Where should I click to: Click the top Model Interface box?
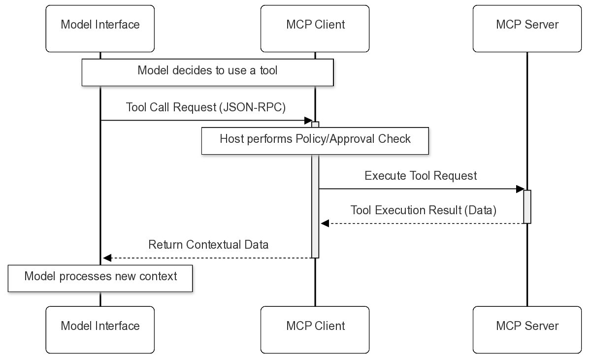[100, 29]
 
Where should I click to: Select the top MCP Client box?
[315, 29]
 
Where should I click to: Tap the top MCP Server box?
[527, 29]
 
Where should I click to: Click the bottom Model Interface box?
[100, 329]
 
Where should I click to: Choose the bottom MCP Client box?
[315, 329]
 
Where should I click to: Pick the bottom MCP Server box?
[527, 329]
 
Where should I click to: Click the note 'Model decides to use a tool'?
[207, 72]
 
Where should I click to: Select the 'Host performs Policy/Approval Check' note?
[315, 140]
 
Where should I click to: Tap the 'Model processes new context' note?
[100, 278]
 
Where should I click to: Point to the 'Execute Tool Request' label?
[421, 176]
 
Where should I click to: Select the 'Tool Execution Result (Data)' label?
[423, 210]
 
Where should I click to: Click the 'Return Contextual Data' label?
[208, 245]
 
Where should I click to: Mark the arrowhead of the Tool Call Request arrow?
[308, 121]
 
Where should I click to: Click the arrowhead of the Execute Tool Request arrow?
[520, 189]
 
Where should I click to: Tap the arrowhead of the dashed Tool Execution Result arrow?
[325, 224]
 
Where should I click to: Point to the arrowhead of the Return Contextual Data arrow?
[107, 258]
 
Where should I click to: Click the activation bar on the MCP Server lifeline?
[527, 206]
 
